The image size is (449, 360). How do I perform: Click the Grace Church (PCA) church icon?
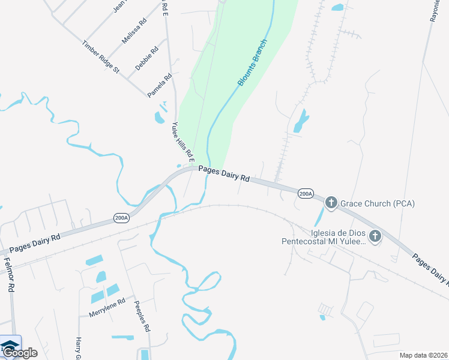coord(331,203)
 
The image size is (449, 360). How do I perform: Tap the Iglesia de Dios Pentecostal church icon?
coord(375,236)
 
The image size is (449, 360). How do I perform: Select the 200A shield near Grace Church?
coord(306,194)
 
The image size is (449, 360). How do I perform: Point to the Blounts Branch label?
coord(252,63)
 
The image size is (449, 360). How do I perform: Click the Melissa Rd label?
coord(134,31)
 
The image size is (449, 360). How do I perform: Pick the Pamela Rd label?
coord(160,85)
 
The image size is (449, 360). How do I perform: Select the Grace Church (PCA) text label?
coord(378,204)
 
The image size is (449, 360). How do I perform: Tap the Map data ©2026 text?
coord(423,355)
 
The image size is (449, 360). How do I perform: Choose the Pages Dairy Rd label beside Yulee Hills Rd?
coord(224,175)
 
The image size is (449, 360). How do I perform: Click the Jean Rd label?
coord(121,7)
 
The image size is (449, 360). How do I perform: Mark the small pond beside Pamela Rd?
coord(160,116)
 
